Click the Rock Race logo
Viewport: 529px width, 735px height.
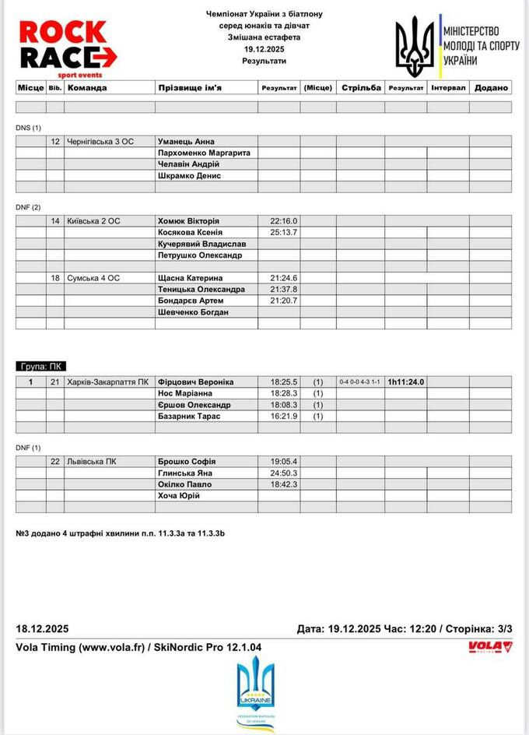[66, 45]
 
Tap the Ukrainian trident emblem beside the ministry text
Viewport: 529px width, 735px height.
[415, 45]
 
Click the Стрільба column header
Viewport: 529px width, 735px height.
[361, 88]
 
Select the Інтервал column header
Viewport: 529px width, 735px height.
[448, 88]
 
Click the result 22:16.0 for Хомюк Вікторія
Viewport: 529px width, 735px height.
[284, 221]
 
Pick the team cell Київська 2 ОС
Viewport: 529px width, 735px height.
[94, 221]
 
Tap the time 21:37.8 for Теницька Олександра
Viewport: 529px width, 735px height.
[284, 290]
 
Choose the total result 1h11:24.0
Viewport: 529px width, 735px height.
[406, 382]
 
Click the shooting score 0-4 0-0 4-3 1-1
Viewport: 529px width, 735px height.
[360, 382]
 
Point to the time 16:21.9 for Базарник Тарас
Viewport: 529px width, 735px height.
[284, 417]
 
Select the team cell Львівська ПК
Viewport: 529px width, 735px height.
[93, 462]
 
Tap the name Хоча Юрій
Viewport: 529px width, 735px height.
[179, 496]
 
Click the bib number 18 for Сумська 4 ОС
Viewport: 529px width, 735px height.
[55, 278]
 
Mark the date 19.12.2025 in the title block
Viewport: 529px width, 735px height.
[264, 48]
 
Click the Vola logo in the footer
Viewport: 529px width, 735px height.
[490, 646]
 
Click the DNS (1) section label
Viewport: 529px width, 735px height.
[29, 128]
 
